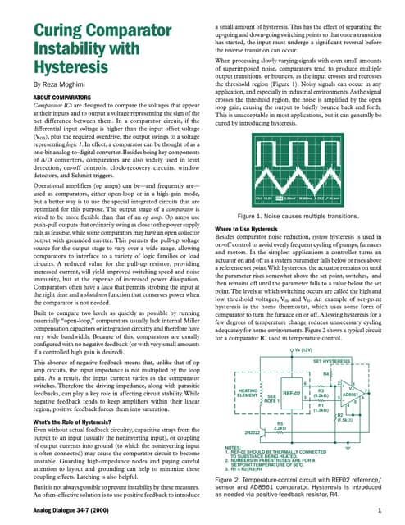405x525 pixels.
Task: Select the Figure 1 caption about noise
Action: [298, 215]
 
